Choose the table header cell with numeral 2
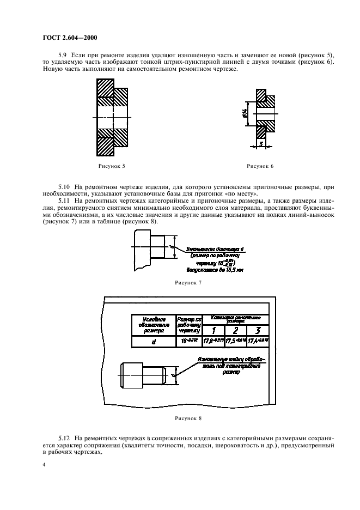click(x=236, y=329)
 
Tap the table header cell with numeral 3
click(x=258, y=329)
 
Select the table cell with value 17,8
click(x=213, y=341)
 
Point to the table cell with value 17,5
click(x=236, y=341)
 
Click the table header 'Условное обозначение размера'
click(x=153, y=324)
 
